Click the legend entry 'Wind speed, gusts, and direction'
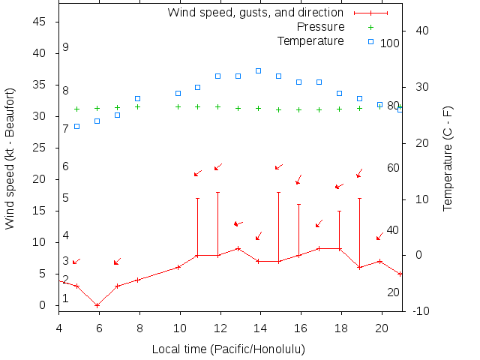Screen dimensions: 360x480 coord(255,13)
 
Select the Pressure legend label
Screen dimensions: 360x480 coord(320,27)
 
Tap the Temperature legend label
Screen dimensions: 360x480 coord(310,40)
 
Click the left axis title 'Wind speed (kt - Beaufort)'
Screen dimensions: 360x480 coord(10,158)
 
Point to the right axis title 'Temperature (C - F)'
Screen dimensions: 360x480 coord(448,158)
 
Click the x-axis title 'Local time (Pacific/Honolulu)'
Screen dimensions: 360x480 coord(229,349)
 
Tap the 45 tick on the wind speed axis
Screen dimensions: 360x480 coord(40,22)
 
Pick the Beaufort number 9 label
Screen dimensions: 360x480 coord(66,47)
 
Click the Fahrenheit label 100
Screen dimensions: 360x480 coord(390,43)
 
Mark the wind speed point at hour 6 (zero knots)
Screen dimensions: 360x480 coord(97,305)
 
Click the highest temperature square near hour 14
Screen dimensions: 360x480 coord(258,70)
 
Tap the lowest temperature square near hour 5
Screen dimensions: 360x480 coord(76,126)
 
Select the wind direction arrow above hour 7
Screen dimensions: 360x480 coord(117,261)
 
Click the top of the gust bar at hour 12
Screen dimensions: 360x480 coord(218,192)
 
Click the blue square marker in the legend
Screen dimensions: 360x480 coord(370,41)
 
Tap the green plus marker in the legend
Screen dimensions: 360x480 coord(370,27)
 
